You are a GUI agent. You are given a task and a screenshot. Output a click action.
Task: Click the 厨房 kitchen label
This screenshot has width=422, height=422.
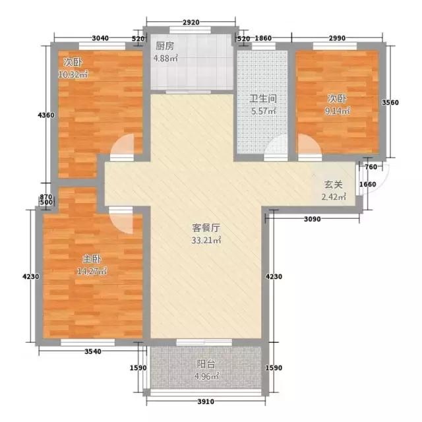(x=165, y=47)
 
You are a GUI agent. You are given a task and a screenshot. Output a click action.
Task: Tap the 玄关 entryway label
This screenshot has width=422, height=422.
(x=332, y=185)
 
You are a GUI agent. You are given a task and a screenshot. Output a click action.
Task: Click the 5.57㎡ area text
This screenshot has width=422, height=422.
(x=262, y=111)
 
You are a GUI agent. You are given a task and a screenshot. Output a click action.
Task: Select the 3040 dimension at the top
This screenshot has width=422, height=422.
(x=101, y=38)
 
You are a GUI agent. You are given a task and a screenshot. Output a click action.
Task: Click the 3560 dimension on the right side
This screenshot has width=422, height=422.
(x=392, y=102)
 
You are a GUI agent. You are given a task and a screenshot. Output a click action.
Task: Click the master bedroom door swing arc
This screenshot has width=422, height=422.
(x=124, y=220)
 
